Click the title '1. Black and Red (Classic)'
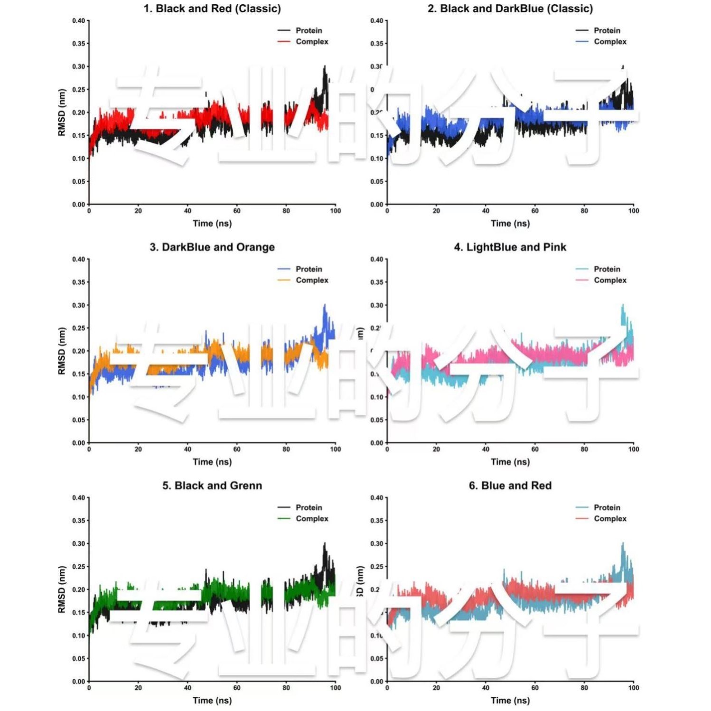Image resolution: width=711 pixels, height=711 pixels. click(x=212, y=9)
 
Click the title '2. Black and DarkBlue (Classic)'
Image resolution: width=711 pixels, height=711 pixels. click(x=510, y=9)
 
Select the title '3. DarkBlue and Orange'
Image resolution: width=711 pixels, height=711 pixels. click(x=212, y=247)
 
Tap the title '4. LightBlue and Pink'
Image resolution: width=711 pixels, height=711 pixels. click(x=510, y=247)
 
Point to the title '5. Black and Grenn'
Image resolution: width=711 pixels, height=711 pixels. click(x=212, y=486)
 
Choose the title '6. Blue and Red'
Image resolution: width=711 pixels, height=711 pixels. click(x=510, y=486)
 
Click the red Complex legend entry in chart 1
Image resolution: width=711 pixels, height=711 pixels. click(x=311, y=42)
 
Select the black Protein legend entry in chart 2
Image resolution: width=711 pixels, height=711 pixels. click(x=607, y=30)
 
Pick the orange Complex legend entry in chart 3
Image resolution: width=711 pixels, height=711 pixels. click(x=311, y=281)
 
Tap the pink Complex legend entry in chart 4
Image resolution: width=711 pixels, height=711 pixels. click(x=609, y=281)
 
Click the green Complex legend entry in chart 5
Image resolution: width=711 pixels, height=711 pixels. click(x=311, y=519)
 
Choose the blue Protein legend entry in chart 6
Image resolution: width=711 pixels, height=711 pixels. click(x=607, y=507)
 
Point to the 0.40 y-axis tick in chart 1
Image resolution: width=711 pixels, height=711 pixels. click(x=78, y=21)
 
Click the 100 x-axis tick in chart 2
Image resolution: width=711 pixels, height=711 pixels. click(x=634, y=211)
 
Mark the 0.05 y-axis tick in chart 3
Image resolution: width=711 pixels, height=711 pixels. click(x=78, y=420)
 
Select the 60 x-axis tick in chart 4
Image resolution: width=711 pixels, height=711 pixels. click(x=535, y=449)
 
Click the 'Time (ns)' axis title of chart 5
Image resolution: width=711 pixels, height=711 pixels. click(x=212, y=700)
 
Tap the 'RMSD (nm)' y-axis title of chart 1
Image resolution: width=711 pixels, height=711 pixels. click(x=61, y=112)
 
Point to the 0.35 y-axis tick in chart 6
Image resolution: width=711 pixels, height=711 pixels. click(x=376, y=521)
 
